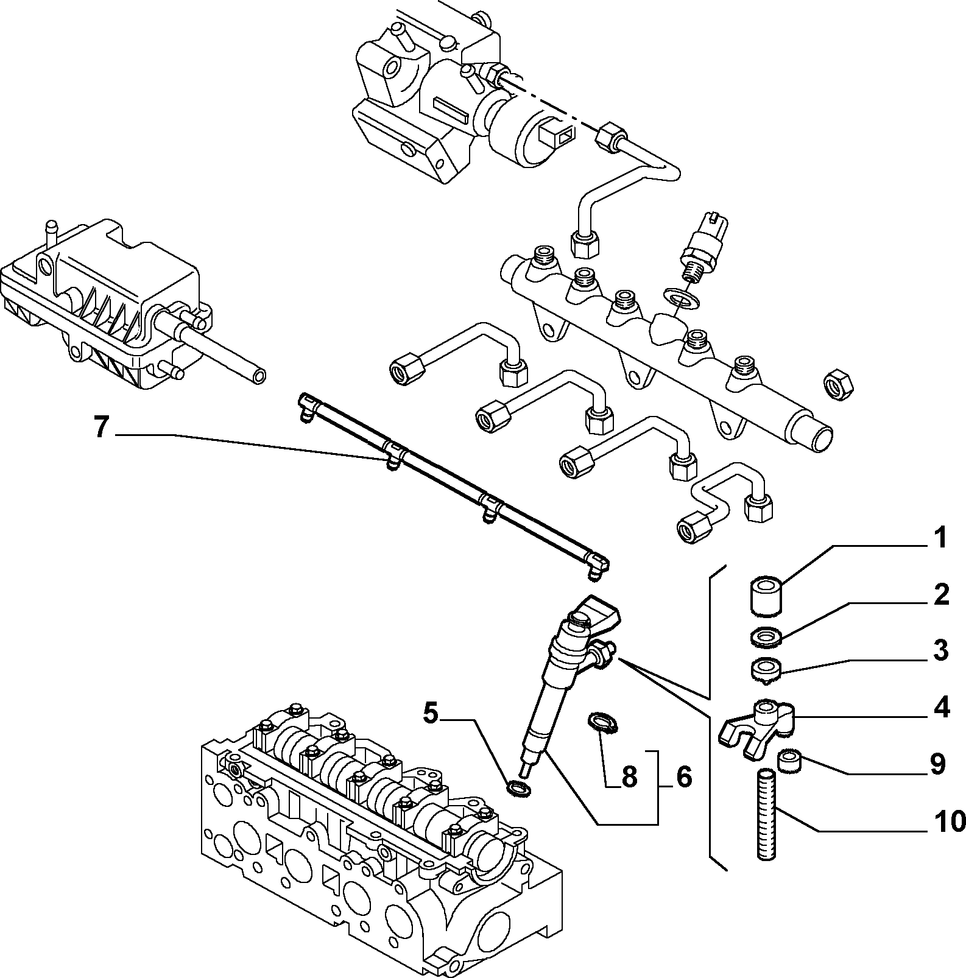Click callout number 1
(940, 539)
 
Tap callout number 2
(940, 595)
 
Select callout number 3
(940, 650)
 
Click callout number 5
(431, 713)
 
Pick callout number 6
(683, 776)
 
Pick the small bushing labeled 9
(791, 761)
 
